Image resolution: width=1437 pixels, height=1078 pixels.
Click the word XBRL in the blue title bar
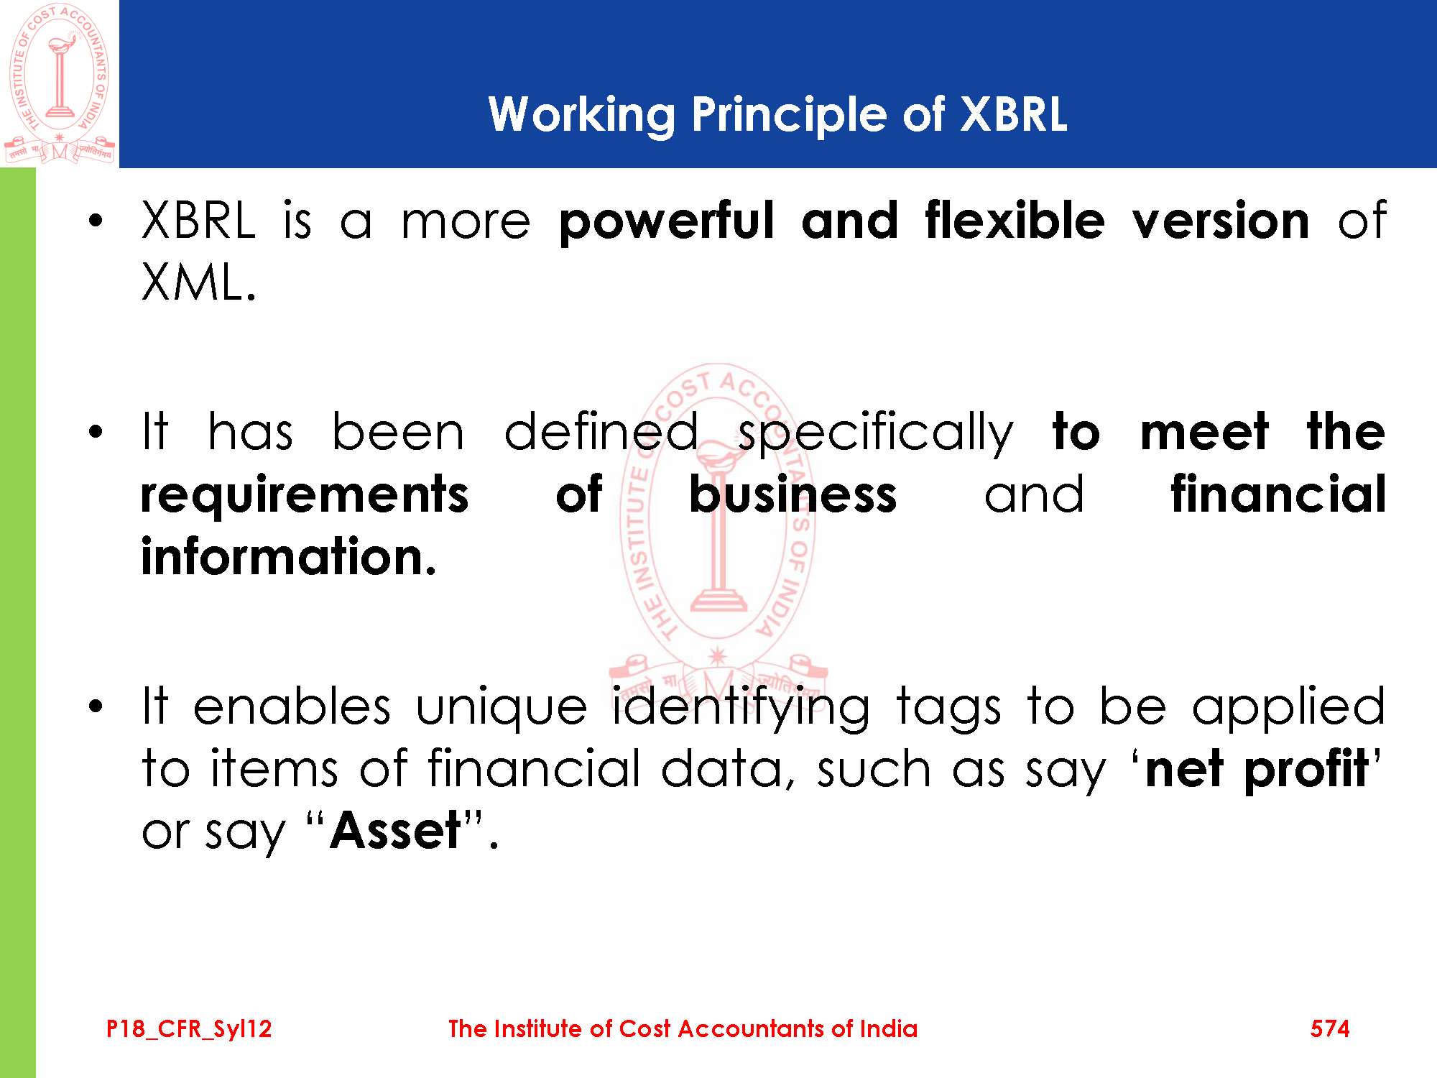point(1014,114)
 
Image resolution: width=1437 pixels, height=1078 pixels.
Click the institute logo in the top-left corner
point(60,83)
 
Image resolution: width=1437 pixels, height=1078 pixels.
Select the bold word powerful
point(667,222)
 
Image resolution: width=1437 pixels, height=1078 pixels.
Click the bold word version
point(1221,221)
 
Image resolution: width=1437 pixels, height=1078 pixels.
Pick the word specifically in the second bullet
point(876,433)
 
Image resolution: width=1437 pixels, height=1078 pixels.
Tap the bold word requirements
point(305,497)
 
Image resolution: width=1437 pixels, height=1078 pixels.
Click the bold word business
point(793,494)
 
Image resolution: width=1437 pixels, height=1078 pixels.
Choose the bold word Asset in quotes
point(395,831)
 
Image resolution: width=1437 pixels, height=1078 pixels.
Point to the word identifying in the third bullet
point(741,709)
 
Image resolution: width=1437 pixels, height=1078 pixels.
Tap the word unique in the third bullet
point(502,709)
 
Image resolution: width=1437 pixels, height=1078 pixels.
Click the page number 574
point(1330,1029)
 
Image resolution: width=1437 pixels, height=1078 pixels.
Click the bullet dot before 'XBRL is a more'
point(96,221)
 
